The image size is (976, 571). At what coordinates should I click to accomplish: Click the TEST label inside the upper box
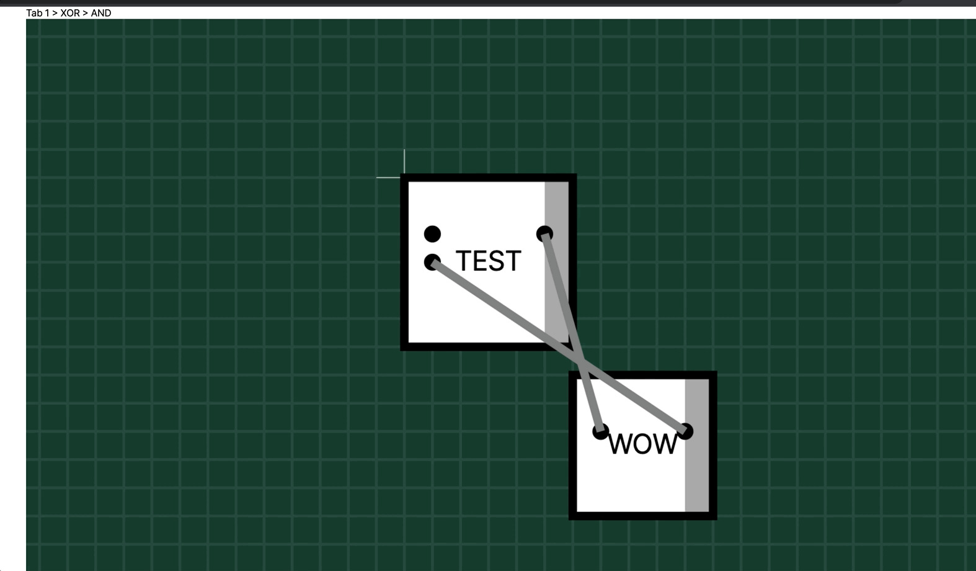point(488,261)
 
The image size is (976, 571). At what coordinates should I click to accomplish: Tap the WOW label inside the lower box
point(642,444)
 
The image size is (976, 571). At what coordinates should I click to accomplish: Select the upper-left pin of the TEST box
point(432,234)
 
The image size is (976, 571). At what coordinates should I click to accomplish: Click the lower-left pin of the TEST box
point(432,262)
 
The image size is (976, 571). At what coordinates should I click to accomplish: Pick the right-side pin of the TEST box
point(544,234)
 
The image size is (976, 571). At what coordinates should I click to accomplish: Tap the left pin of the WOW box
point(600,431)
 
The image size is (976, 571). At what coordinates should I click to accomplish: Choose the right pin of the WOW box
point(685,431)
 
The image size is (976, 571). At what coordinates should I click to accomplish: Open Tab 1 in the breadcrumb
point(37,13)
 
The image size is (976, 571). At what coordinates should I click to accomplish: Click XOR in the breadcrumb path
point(70,13)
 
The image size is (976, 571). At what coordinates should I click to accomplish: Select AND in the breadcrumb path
point(101,13)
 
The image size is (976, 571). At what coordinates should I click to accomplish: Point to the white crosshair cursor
point(404,178)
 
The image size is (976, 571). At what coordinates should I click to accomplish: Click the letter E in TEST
point(479,261)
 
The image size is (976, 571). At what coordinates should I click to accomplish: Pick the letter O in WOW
point(643,444)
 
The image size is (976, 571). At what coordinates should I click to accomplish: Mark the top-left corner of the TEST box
point(404,178)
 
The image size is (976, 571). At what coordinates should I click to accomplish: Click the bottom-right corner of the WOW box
point(714,516)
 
